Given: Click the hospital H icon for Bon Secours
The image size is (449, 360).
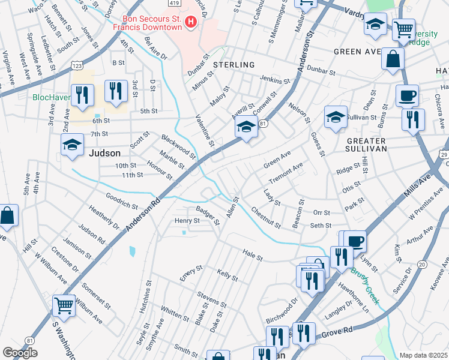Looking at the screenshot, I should [191, 23].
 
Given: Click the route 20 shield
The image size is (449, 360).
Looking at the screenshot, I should [422, 265].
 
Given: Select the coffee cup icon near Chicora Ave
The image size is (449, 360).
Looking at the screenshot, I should [407, 95].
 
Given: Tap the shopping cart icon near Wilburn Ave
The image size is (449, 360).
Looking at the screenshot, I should [64, 305].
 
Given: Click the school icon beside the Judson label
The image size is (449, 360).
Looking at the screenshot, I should [72, 145].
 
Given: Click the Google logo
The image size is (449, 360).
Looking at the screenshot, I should [19, 353].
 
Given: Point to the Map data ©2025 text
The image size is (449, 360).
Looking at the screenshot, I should [423, 355].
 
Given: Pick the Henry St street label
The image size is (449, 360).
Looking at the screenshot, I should [187, 221].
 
